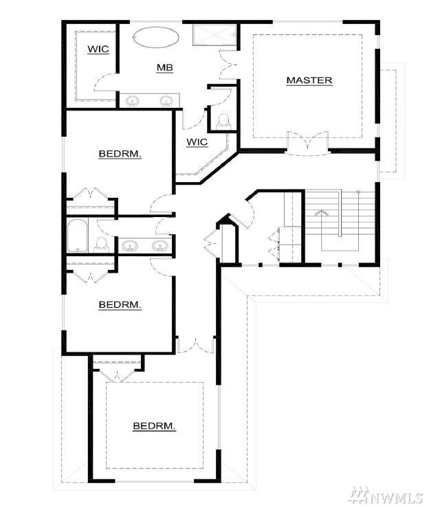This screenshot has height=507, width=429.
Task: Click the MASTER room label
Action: coord(309,80)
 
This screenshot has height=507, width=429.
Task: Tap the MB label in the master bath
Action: coord(165,67)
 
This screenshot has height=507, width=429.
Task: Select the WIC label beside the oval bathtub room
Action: coord(98,49)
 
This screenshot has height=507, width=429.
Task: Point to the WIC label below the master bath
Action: coord(197,142)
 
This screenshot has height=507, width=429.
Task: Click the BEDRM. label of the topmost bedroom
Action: coord(120,154)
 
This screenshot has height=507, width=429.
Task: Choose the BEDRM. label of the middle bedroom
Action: coord(120,304)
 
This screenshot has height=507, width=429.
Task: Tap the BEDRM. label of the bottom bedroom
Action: coord(154,426)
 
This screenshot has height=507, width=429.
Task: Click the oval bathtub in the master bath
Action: coord(156,38)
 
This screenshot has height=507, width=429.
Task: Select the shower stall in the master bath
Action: coord(214,34)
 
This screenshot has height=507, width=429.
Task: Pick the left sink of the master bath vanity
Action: coord(132,101)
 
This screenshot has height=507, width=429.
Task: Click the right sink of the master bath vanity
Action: coord(166,101)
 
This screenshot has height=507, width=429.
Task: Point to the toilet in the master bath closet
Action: coord(223,121)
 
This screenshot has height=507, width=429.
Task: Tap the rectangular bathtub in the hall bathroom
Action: coord(78,236)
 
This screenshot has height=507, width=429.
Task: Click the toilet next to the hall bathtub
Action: coord(102,245)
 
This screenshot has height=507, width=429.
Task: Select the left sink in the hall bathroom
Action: coord(130,247)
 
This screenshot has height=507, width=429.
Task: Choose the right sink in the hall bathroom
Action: coord(160,247)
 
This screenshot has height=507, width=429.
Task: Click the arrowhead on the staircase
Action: coord(322,212)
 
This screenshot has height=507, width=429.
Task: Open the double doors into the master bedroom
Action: coord(308,143)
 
